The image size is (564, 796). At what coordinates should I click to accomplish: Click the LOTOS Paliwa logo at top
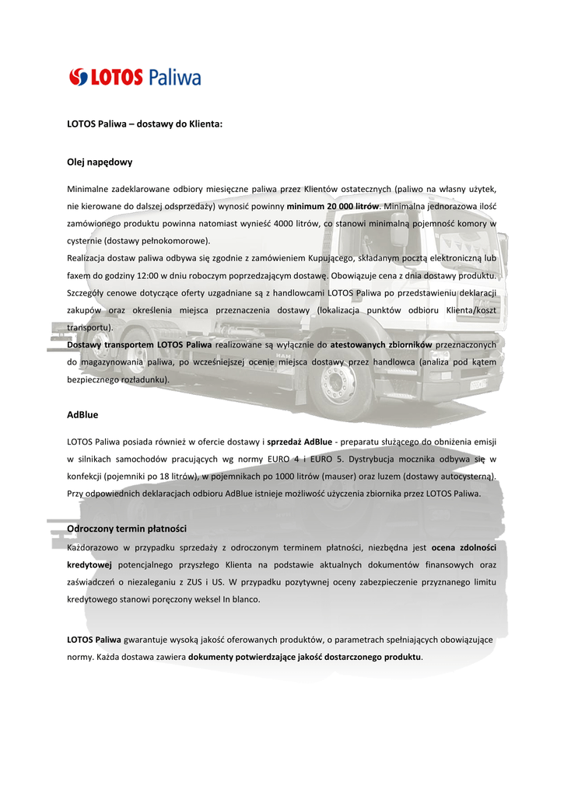point(135,77)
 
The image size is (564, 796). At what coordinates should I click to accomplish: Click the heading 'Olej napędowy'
point(100,162)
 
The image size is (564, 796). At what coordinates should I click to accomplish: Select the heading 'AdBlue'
point(82,415)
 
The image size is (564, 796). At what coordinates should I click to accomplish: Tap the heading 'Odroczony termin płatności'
point(127,529)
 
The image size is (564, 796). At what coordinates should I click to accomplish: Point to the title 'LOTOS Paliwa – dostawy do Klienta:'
point(145,123)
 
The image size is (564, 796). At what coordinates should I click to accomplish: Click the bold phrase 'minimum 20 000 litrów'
point(332,206)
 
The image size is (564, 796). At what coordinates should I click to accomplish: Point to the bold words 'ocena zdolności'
point(464,547)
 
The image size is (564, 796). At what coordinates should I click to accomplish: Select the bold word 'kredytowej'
point(89,564)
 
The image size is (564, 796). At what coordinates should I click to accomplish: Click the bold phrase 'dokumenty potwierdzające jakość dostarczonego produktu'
point(304,658)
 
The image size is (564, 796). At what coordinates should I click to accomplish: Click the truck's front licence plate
point(477,383)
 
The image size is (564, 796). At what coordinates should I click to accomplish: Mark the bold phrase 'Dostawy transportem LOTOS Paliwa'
point(139,344)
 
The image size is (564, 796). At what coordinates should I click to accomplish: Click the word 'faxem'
point(79,275)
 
